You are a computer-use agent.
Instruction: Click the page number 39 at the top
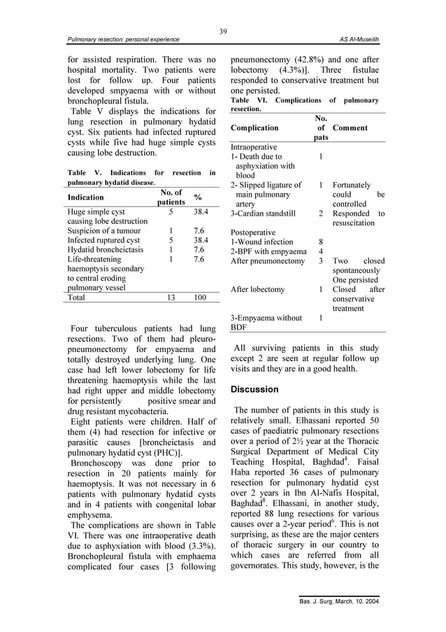click(x=223, y=31)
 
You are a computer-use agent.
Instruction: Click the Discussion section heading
click(x=254, y=389)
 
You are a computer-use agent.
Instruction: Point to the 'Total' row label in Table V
click(x=78, y=297)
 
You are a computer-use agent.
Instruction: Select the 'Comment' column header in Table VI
click(x=350, y=128)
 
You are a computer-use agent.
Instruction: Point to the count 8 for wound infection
click(x=320, y=241)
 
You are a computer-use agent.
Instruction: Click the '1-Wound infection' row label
click(x=262, y=241)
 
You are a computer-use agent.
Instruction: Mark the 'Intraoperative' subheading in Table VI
click(x=254, y=148)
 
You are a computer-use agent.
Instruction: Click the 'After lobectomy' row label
click(x=258, y=289)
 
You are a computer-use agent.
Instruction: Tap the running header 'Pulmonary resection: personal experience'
click(x=123, y=40)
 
